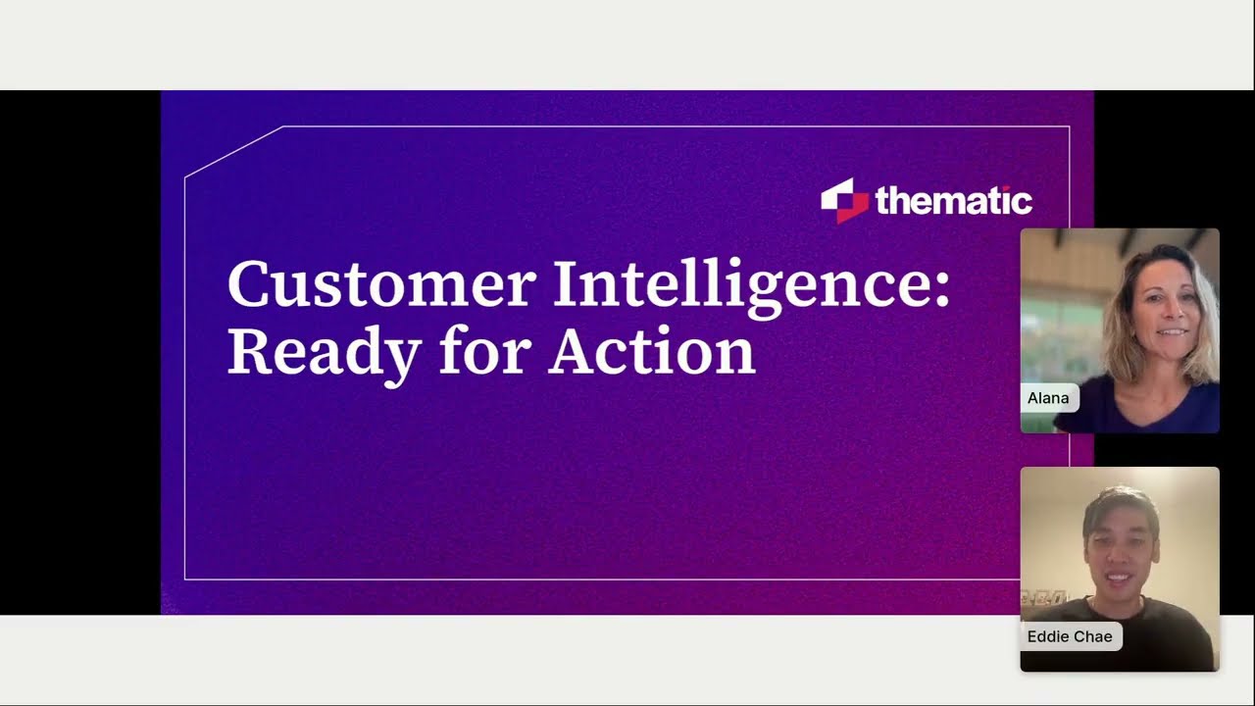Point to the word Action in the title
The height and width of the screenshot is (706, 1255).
652,351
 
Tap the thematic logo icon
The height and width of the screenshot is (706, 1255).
844,200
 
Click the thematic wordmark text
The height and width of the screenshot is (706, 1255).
953,201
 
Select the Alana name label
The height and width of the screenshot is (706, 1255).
1048,398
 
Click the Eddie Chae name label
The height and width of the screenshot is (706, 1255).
1070,636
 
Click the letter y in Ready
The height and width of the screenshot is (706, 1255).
402,358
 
